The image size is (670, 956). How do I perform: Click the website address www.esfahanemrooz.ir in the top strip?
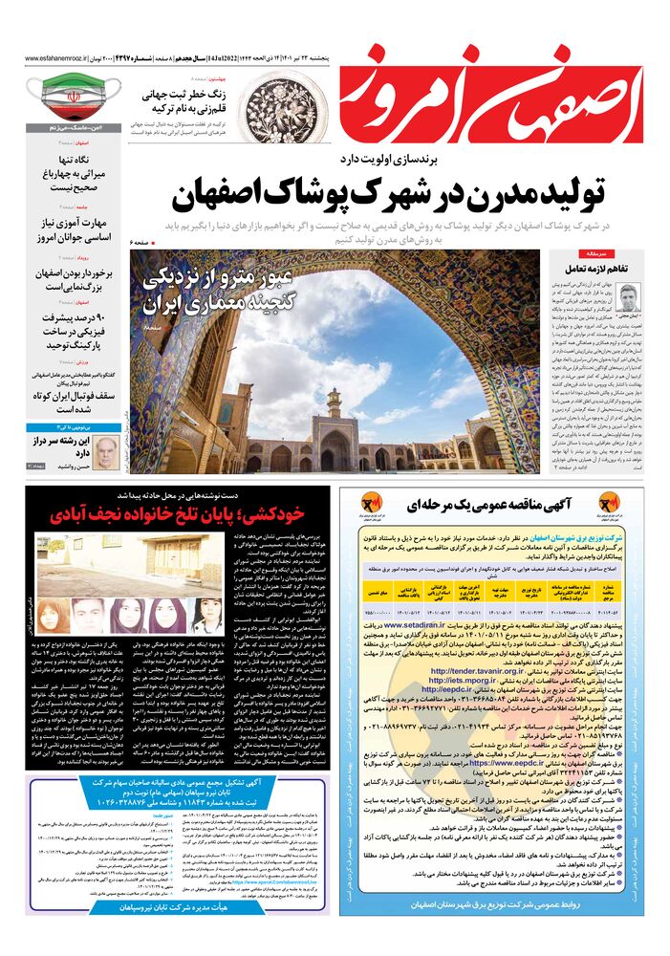57,58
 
